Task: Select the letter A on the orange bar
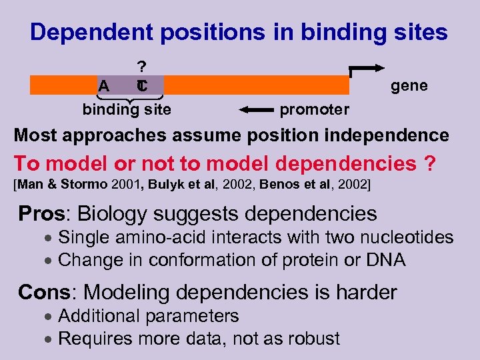103,86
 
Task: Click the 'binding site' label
127,109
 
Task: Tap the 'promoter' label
314,109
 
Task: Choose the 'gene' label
409,85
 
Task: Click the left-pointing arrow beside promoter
257,109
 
